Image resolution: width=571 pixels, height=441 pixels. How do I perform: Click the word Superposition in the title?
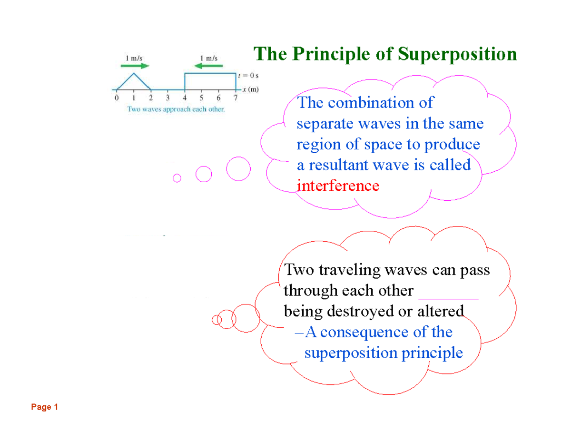pyautogui.click(x=457, y=54)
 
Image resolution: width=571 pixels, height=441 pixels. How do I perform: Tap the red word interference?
pyautogui.click(x=338, y=186)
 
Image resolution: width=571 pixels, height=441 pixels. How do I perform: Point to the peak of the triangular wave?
pyautogui.click(x=134, y=73)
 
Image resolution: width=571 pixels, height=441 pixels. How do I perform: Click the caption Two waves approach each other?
pyautogui.click(x=176, y=109)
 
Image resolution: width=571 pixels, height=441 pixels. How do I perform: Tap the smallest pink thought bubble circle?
pyautogui.click(x=177, y=178)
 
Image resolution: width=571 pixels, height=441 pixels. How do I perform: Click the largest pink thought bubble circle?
pyautogui.click(x=238, y=168)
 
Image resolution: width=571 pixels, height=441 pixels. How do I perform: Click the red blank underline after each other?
pyautogui.click(x=448, y=298)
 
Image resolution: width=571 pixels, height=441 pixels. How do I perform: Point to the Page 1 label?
pyautogui.click(x=44, y=407)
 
